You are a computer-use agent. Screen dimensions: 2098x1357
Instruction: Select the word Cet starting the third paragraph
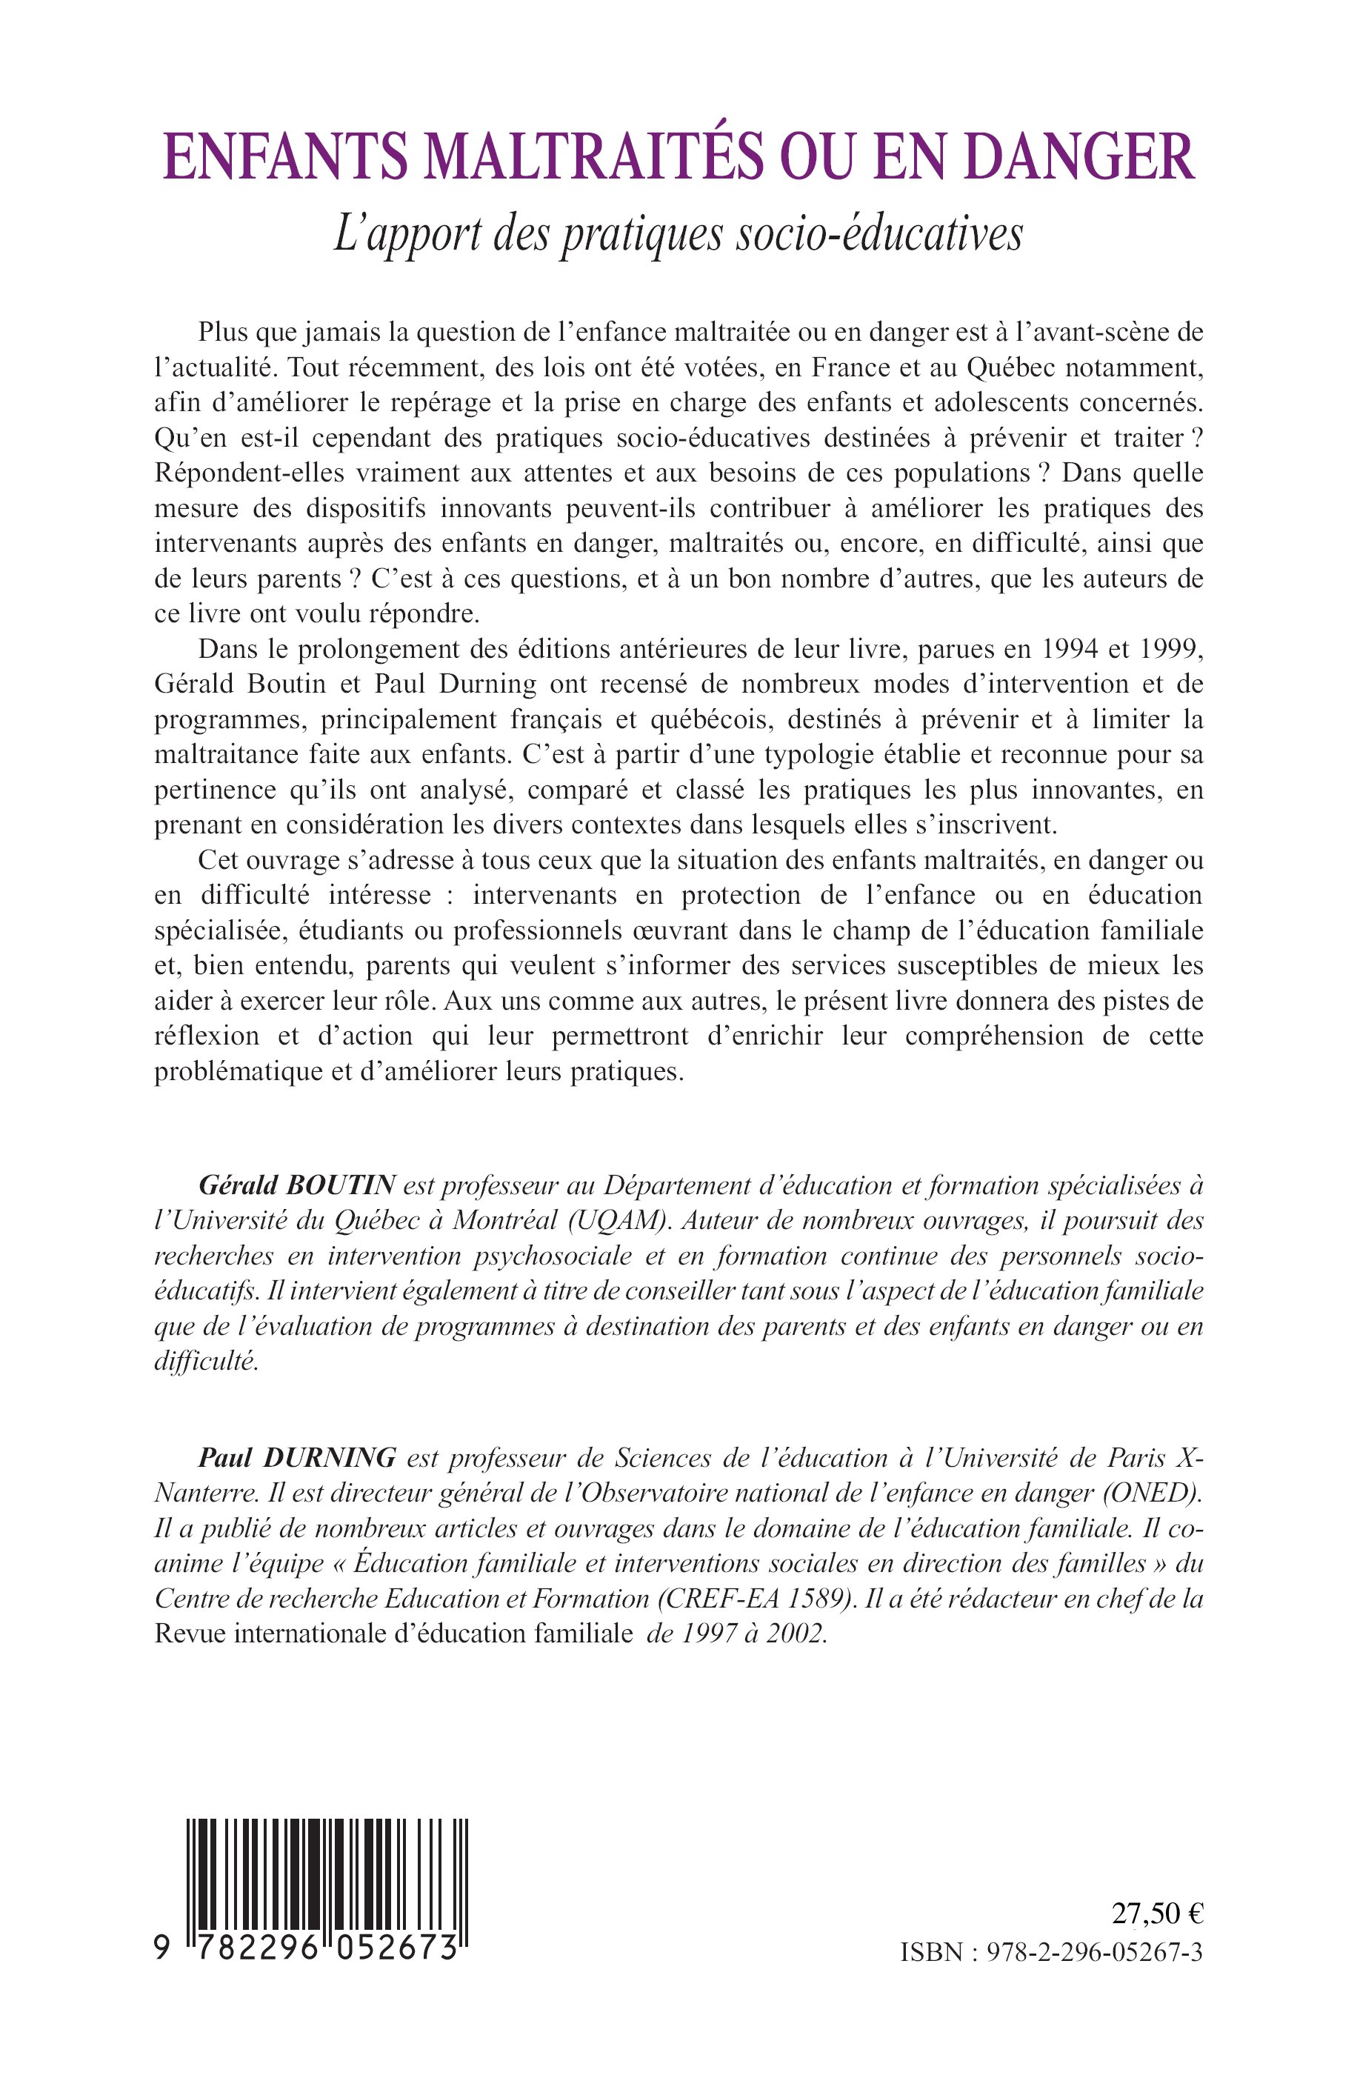tap(219, 860)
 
